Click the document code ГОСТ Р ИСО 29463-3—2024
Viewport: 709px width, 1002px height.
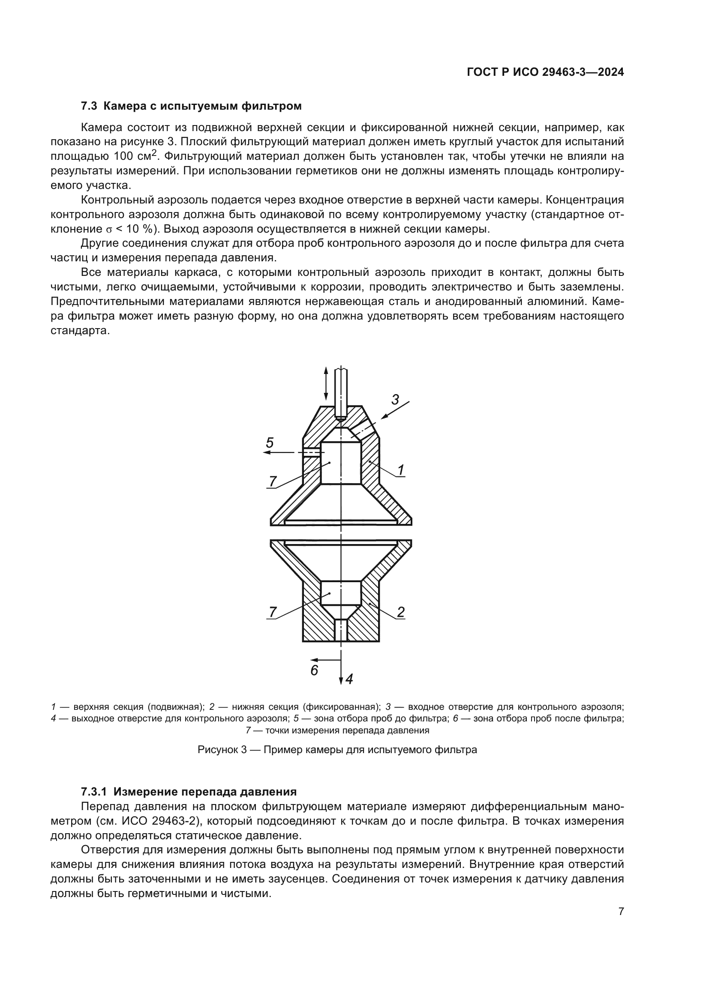[x=545, y=72]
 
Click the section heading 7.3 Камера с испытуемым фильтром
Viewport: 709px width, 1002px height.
[x=191, y=106]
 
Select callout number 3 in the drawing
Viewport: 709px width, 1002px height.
[x=395, y=399]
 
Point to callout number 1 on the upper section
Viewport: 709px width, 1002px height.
[x=401, y=470]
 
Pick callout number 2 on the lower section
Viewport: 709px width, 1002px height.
[x=401, y=612]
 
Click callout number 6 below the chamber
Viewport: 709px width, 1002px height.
[x=314, y=670]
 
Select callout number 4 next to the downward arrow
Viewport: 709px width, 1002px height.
[x=349, y=679]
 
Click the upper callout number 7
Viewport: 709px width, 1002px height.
[x=273, y=482]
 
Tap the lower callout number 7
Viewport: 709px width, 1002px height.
[x=273, y=612]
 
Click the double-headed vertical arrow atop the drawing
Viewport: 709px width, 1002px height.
[x=326, y=383]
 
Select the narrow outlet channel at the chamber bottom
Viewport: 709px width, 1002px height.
[x=340, y=630]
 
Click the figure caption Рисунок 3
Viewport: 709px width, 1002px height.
[x=337, y=750]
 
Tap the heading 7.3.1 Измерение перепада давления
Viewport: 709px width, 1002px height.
[x=189, y=792]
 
